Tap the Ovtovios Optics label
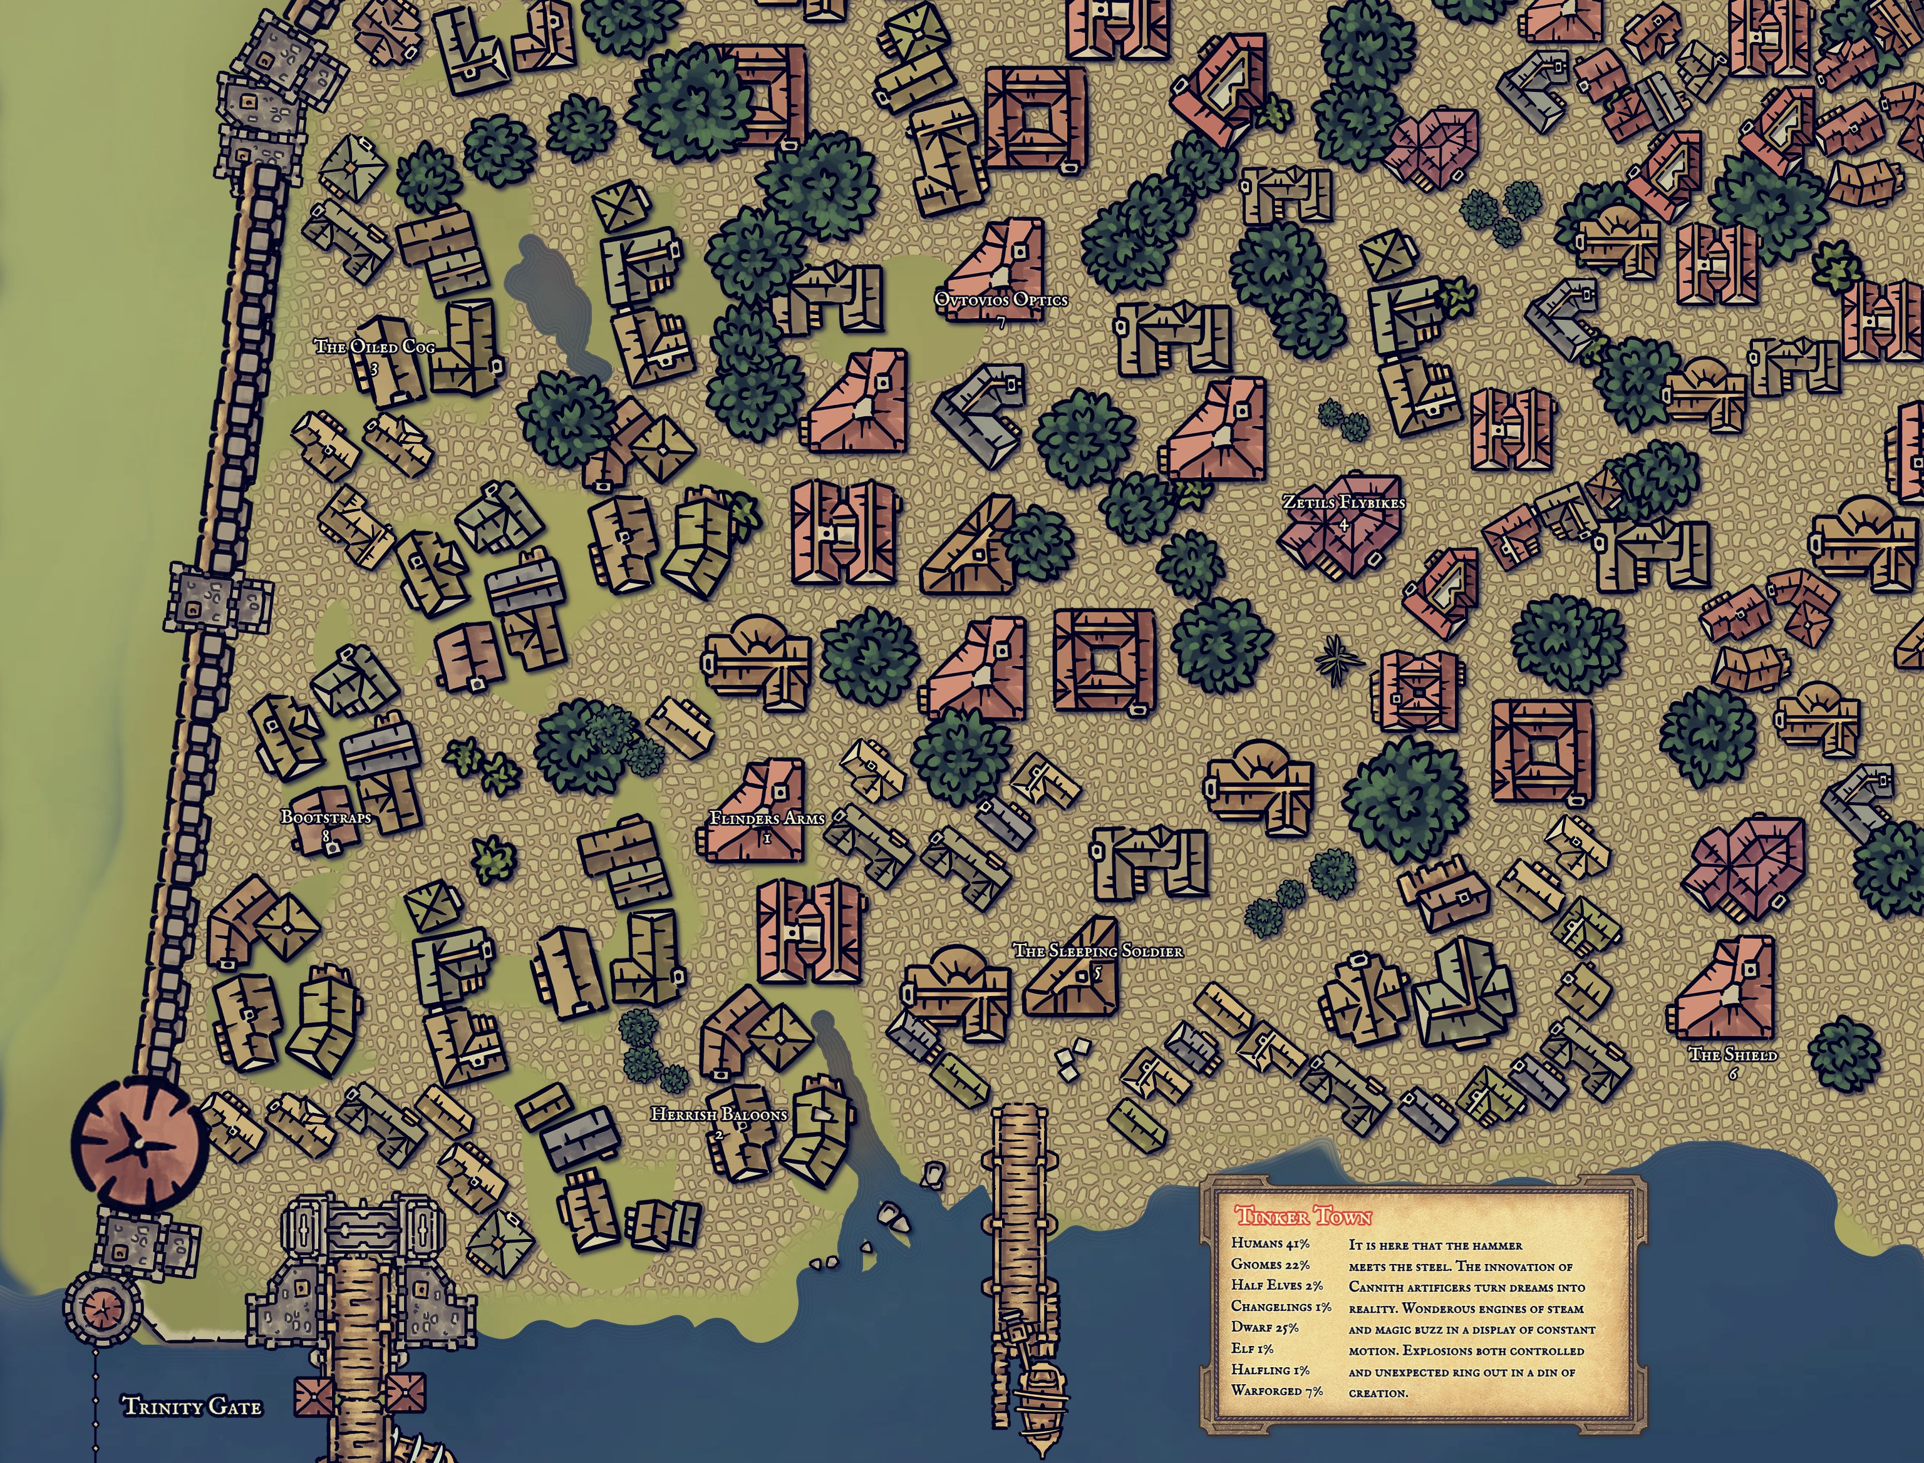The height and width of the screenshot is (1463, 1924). pyautogui.click(x=1001, y=300)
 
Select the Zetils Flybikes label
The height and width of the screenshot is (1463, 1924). pyautogui.click(x=1343, y=503)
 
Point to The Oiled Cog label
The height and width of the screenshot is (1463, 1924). pyautogui.click(x=375, y=347)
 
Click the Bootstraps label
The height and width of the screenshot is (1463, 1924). pyautogui.click(x=326, y=818)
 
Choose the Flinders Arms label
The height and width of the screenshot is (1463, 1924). pyautogui.click(x=767, y=819)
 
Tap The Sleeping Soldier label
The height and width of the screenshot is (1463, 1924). pyautogui.click(x=1097, y=951)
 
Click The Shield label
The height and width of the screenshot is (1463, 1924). pyautogui.click(x=1732, y=1055)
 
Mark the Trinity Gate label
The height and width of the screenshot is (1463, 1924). pyautogui.click(x=192, y=1407)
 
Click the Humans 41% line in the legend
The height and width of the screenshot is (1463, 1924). pyautogui.click(x=1270, y=1243)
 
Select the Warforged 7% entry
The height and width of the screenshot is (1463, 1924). pyautogui.click(x=1276, y=1391)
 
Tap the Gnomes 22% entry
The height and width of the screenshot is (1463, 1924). pyautogui.click(x=1270, y=1265)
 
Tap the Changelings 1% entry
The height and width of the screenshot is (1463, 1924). pyautogui.click(x=1280, y=1306)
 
